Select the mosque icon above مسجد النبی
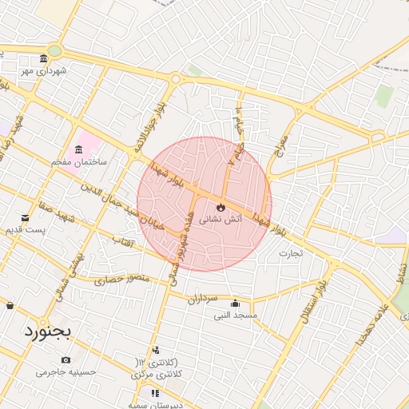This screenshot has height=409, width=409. [235, 304]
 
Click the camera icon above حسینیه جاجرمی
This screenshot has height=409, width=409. [66, 360]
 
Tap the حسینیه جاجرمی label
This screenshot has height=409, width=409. [66, 372]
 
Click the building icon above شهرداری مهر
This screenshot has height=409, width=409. [44, 59]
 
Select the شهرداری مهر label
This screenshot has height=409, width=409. [44, 71]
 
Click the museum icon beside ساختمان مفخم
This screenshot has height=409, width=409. [78, 150]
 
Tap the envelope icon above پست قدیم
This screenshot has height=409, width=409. [26, 218]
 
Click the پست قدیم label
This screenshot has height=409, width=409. [22, 230]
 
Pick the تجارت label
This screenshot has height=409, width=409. [291, 253]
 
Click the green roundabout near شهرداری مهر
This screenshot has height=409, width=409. [54, 51]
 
